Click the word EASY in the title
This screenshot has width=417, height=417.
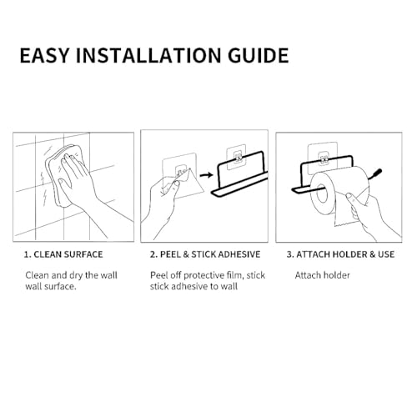coord(44,55)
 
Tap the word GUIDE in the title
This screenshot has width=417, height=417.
coord(259,55)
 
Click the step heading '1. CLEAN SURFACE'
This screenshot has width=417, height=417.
coord(63,254)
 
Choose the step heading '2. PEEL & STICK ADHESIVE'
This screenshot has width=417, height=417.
coord(205,254)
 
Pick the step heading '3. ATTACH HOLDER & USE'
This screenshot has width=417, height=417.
coord(340,254)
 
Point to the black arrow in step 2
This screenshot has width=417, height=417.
coord(206,175)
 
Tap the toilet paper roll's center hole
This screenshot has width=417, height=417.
coord(322,193)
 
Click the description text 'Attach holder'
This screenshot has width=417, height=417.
coord(323,275)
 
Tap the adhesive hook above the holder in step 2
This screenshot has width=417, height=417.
coord(236,158)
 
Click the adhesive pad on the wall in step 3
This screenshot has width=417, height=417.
coord(323,157)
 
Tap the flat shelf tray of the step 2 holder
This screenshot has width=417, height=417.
coord(239,185)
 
